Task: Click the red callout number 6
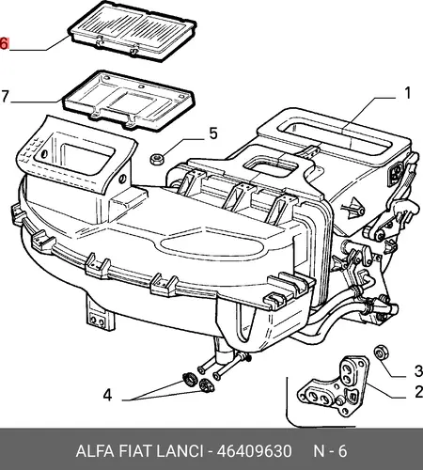coord(4,43)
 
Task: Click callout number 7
coord(5,96)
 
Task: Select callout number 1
coord(407,93)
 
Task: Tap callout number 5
coord(213,133)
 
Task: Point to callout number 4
coord(107,395)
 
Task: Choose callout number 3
coord(418,371)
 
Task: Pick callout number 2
coord(418,392)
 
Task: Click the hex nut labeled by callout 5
coord(155,159)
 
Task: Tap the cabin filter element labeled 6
coord(132,30)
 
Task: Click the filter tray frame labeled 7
coord(128,101)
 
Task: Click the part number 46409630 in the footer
coord(254,451)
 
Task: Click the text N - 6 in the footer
coord(330,451)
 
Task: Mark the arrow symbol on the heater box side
coord(353,208)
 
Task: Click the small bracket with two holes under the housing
coord(98,319)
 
